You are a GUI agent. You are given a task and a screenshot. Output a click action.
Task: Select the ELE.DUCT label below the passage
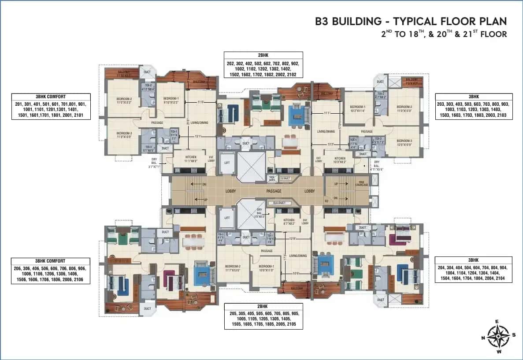(279, 203)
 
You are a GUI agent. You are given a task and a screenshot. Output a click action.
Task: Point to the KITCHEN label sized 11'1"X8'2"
(190, 158)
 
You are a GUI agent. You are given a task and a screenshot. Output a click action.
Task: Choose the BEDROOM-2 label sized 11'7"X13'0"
(233, 268)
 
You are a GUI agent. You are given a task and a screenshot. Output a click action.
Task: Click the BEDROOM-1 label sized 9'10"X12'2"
(171, 100)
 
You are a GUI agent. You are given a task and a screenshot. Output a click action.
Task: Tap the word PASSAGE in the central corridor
(274, 191)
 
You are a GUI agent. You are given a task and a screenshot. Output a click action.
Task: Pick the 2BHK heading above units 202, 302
(263, 56)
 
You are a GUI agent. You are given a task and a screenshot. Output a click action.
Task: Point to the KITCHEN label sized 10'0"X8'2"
(340, 160)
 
